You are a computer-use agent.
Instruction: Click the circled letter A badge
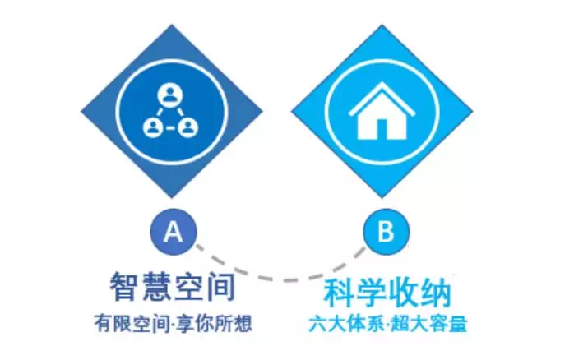click(x=174, y=231)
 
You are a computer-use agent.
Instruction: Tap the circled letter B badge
click(x=387, y=231)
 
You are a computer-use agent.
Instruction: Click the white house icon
click(x=382, y=111)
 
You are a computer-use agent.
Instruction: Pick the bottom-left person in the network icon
click(x=153, y=127)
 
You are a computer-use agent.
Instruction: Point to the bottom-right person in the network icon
click(x=187, y=127)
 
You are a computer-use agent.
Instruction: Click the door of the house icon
click(x=382, y=129)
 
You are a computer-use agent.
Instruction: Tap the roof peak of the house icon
click(x=382, y=83)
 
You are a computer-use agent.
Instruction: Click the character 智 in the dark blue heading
click(x=123, y=287)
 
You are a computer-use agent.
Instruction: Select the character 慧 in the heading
click(x=156, y=287)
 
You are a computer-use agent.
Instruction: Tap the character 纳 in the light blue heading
click(x=437, y=293)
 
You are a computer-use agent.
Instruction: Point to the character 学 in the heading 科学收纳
click(x=370, y=293)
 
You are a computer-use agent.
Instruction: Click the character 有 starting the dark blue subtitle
click(x=104, y=323)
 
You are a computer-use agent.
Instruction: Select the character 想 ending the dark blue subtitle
click(x=243, y=323)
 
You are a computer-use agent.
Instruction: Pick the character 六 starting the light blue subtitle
click(x=317, y=323)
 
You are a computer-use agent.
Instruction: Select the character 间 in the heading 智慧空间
click(x=220, y=287)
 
